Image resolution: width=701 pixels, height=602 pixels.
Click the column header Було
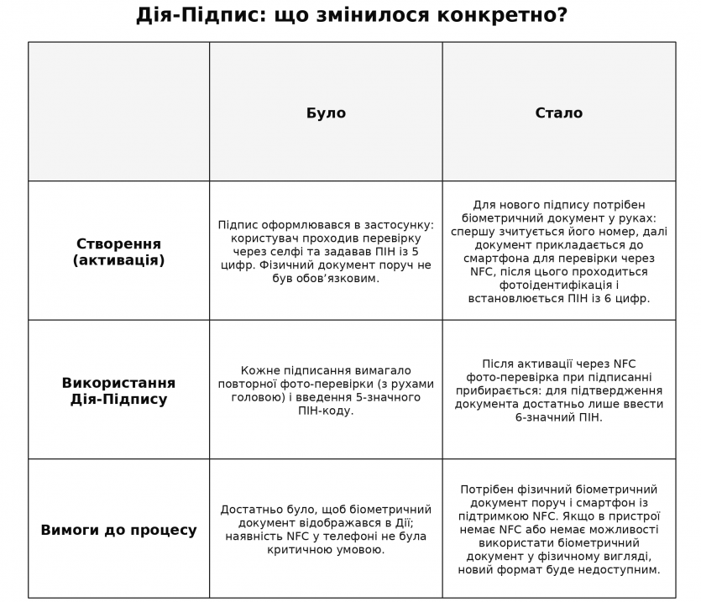326,113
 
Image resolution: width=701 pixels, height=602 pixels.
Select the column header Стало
558,113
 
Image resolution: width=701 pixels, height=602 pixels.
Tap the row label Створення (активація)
118,252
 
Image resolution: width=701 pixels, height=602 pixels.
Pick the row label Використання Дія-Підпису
118,390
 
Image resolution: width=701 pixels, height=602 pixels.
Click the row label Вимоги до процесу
118,530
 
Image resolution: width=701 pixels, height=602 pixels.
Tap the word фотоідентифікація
558,285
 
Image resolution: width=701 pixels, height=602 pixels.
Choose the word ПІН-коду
326,411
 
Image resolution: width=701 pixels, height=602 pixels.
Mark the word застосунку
399,224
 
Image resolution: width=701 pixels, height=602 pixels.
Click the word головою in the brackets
265,397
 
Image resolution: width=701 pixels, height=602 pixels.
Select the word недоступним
614,569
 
